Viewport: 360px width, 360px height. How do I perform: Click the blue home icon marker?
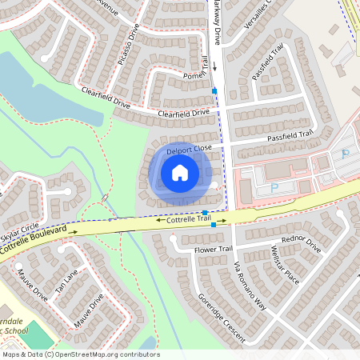point(180,173)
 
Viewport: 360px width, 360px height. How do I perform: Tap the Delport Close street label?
point(189,150)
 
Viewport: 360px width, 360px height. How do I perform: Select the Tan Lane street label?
point(66,279)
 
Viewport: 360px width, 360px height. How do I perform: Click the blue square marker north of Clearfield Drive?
point(214,91)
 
